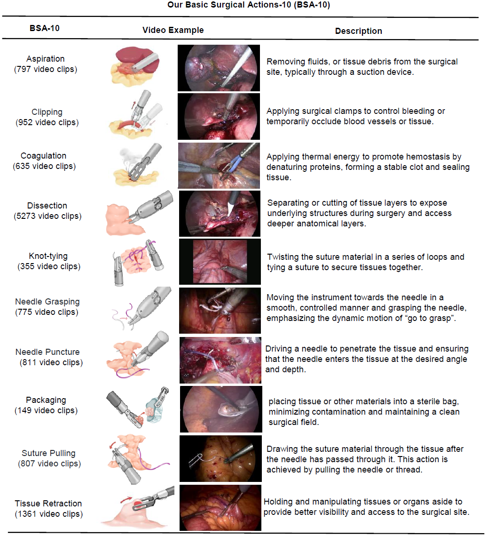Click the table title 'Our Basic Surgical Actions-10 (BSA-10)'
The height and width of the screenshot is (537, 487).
(249, 5)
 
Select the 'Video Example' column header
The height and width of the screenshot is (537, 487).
(173, 30)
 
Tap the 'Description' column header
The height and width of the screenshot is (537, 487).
(358, 31)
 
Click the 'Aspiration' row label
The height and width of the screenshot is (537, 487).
(46, 59)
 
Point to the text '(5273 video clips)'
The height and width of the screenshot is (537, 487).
(47, 216)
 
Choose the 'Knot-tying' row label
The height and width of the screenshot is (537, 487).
(48, 256)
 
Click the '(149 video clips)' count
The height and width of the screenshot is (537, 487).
(46, 410)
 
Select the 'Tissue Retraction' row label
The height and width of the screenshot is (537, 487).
(48, 504)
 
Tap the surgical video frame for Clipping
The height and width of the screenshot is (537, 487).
(219, 116)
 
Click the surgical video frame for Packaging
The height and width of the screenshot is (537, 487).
(221, 409)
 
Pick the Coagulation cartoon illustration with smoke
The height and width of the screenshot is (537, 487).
(137, 165)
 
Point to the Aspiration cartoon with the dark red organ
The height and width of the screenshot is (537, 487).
(135, 66)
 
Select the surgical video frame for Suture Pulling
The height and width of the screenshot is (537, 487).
(220, 458)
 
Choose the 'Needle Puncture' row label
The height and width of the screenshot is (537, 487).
(47, 352)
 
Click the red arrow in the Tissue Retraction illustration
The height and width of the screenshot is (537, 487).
(126, 500)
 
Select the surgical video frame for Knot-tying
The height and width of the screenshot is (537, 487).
(220, 262)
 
